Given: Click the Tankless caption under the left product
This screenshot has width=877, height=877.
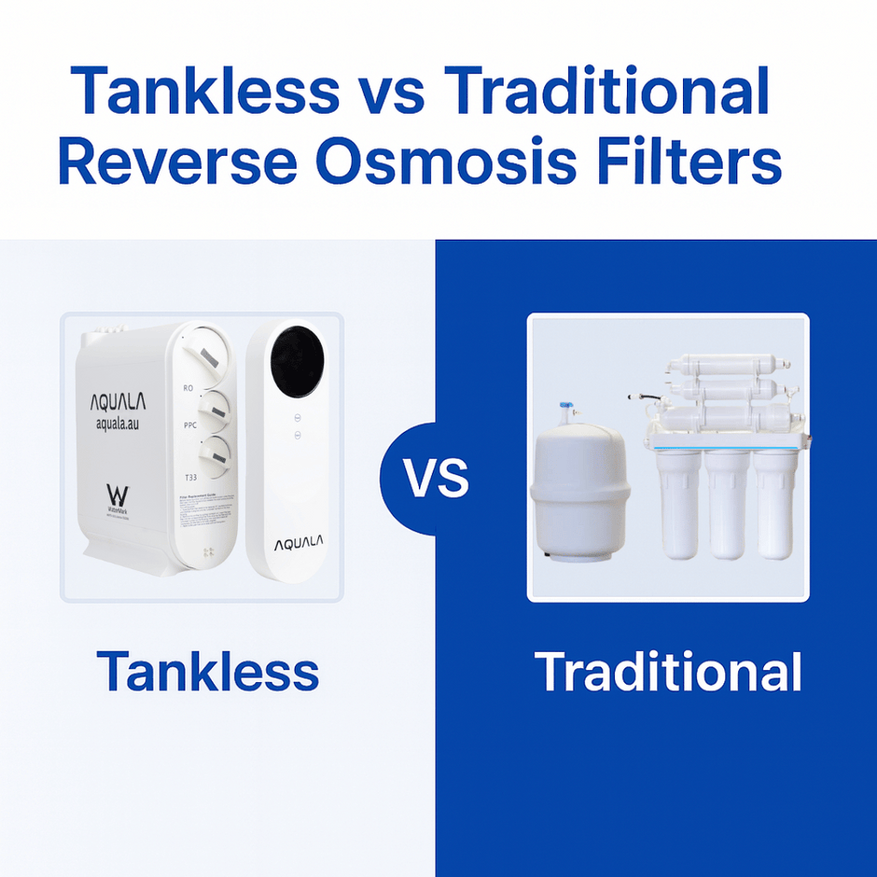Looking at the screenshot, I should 207,672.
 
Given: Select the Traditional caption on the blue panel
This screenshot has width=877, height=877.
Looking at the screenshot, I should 668,672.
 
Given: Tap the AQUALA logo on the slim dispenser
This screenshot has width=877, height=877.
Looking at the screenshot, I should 294,544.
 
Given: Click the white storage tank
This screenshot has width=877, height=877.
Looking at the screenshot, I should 581,494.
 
